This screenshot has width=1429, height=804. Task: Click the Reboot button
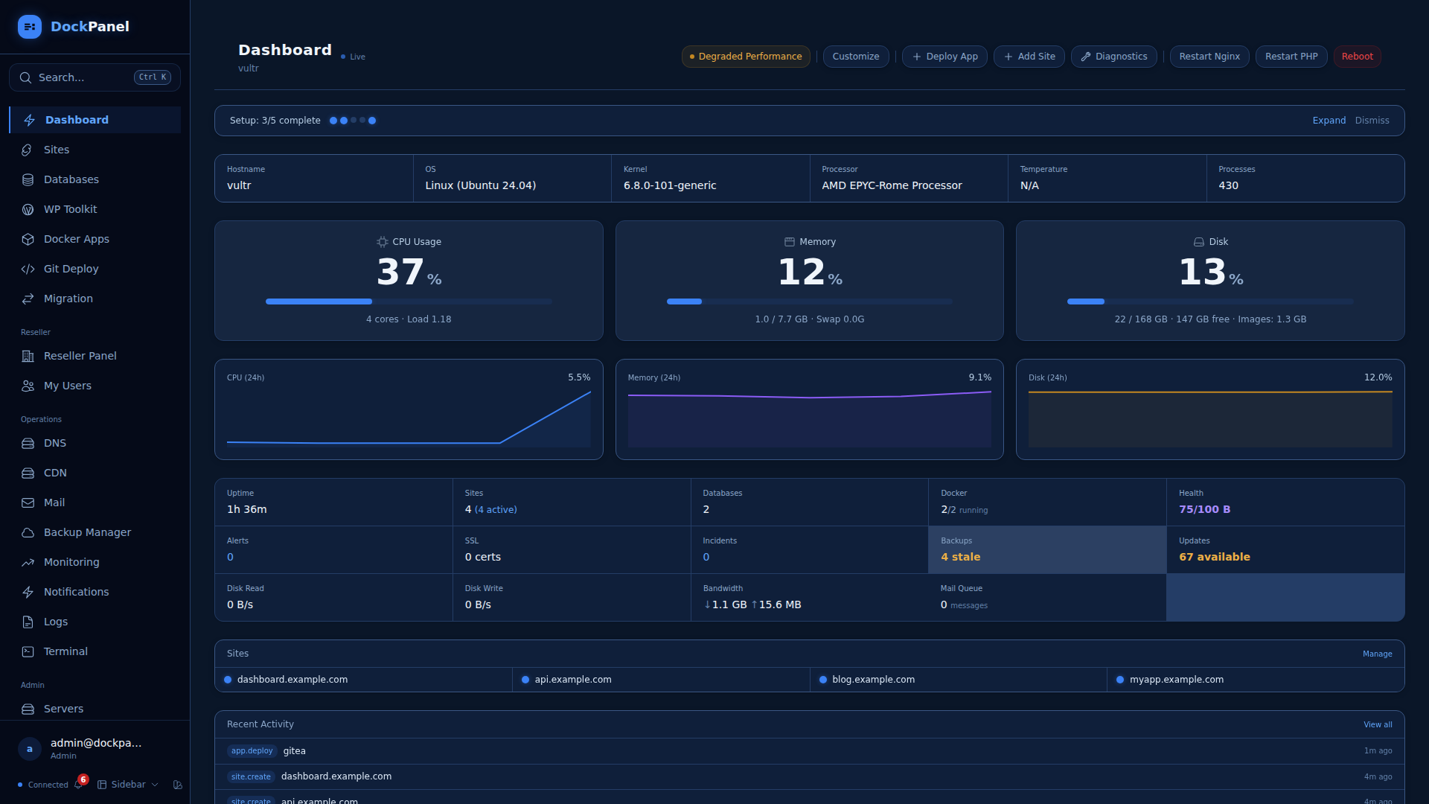pyautogui.click(x=1357, y=57)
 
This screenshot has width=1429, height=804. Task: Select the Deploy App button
pyautogui.click(x=944, y=57)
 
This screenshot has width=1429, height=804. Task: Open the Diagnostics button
pyautogui.click(x=1113, y=57)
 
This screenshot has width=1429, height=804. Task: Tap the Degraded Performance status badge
pyautogui.click(x=746, y=57)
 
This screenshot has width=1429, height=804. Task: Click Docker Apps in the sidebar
pyautogui.click(x=76, y=239)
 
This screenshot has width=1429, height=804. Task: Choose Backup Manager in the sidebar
pyautogui.click(x=87, y=532)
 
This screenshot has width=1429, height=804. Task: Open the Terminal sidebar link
pyautogui.click(x=65, y=651)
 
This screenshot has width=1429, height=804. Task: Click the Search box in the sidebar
pyautogui.click(x=95, y=77)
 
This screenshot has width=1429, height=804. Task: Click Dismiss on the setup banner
pyautogui.click(x=1372, y=121)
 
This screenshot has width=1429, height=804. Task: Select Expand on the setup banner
pyautogui.click(x=1329, y=121)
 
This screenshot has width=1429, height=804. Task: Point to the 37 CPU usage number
pyautogui.click(x=400, y=272)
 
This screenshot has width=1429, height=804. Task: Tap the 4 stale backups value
pyautogui.click(x=960, y=557)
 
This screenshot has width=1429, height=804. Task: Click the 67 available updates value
pyautogui.click(x=1214, y=557)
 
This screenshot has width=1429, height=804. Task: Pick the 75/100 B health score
pyautogui.click(x=1204, y=509)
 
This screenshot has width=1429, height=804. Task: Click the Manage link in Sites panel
pyautogui.click(x=1377, y=654)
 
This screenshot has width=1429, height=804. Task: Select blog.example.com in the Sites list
pyautogui.click(x=873, y=680)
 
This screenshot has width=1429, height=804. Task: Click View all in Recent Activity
pyautogui.click(x=1378, y=724)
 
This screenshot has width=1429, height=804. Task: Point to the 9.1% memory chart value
pyautogui.click(x=979, y=377)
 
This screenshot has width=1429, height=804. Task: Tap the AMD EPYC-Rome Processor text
pyautogui.click(x=892, y=185)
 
